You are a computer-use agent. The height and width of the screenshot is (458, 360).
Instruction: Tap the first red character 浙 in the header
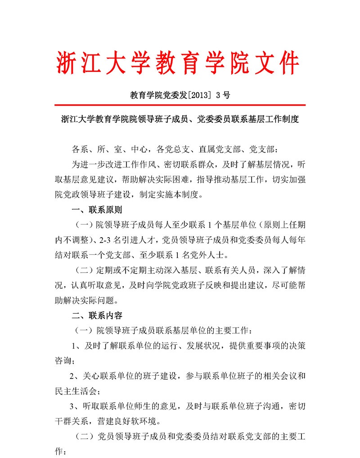coord(67,63)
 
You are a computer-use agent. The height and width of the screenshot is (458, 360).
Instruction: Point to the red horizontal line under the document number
coord(180,105)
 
